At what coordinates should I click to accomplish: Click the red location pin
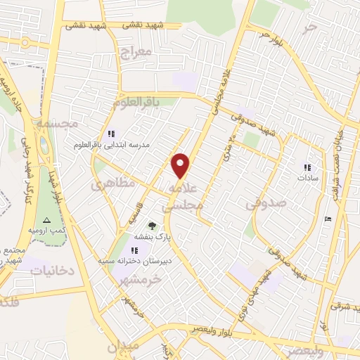point(181,165)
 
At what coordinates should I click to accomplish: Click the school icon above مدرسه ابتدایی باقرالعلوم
point(110,134)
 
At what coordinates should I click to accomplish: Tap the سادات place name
point(307,178)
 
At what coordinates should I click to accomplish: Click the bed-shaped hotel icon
point(328,219)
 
